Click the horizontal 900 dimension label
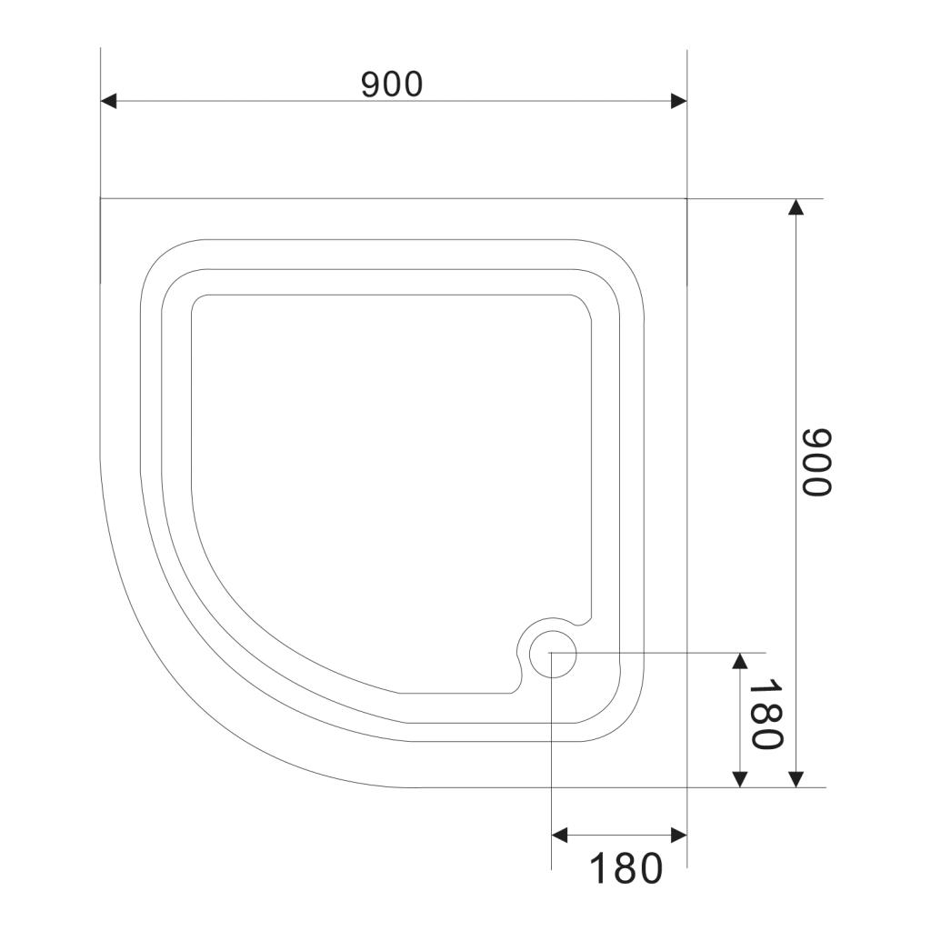click(x=392, y=85)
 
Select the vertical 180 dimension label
click(x=766, y=715)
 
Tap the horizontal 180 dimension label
click(x=626, y=868)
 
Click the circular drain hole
click(x=552, y=654)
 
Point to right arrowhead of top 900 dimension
click(x=678, y=101)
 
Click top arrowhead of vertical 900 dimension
click(x=796, y=206)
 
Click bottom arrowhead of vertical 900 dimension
click(x=796, y=779)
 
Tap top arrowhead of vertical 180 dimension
click(x=740, y=661)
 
